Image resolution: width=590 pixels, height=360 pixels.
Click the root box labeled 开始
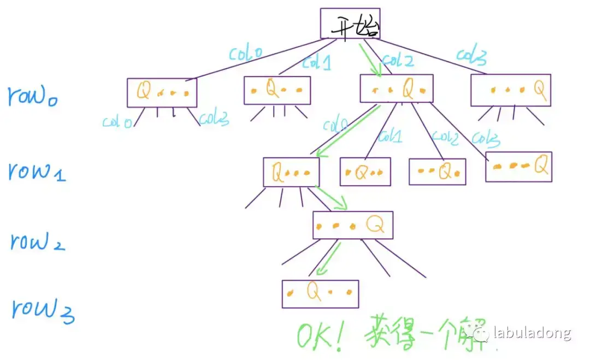(350, 23)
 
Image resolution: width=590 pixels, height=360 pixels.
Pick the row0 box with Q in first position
(162, 92)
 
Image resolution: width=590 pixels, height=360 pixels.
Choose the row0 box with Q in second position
(277, 90)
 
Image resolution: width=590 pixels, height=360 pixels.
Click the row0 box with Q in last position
(511, 90)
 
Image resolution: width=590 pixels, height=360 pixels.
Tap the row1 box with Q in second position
(365, 172)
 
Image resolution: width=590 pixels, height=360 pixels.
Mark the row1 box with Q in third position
(437, 172)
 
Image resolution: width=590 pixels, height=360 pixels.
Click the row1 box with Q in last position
(518, 167)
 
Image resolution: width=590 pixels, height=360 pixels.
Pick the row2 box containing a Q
(353, 225)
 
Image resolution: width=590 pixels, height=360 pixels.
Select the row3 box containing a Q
(320, 294)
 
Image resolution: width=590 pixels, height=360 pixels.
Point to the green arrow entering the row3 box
(327, 259)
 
